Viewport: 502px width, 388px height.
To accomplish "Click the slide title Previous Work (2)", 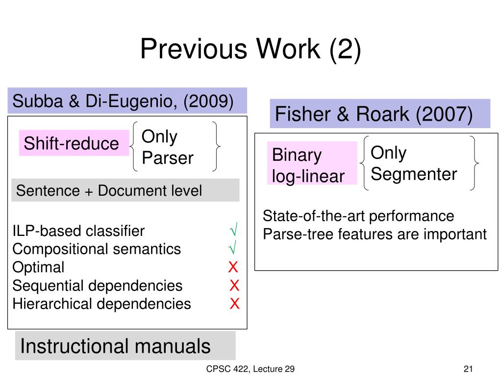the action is pos(251,50).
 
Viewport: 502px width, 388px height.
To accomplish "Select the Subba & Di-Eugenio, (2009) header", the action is pos(123,102).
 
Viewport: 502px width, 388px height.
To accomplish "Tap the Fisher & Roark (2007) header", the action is pos(374,114).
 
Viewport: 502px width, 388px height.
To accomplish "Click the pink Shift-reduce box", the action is pos(72,144).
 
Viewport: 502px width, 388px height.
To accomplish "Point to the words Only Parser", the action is pos(167,147).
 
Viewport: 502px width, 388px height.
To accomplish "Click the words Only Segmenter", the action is pos(413,163).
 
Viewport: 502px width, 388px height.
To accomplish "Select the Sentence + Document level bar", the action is pos(109,190).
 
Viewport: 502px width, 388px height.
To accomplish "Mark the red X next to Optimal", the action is pos(233,267).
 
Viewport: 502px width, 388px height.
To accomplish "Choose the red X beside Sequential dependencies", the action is pos(234,285).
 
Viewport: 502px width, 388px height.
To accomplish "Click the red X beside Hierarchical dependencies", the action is pos(235,304).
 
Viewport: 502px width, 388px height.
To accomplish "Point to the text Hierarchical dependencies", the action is pos(101,304).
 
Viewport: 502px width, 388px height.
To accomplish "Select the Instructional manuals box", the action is pos(115,346).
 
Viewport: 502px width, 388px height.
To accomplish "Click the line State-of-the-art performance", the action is pos(358,216).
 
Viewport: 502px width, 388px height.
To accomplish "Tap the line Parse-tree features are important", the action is pos(375,234).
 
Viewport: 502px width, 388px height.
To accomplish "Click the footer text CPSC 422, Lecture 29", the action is pos(251,369).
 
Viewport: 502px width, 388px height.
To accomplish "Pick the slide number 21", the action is pos(468,369).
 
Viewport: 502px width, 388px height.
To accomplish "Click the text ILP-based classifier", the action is pos(78,231).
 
